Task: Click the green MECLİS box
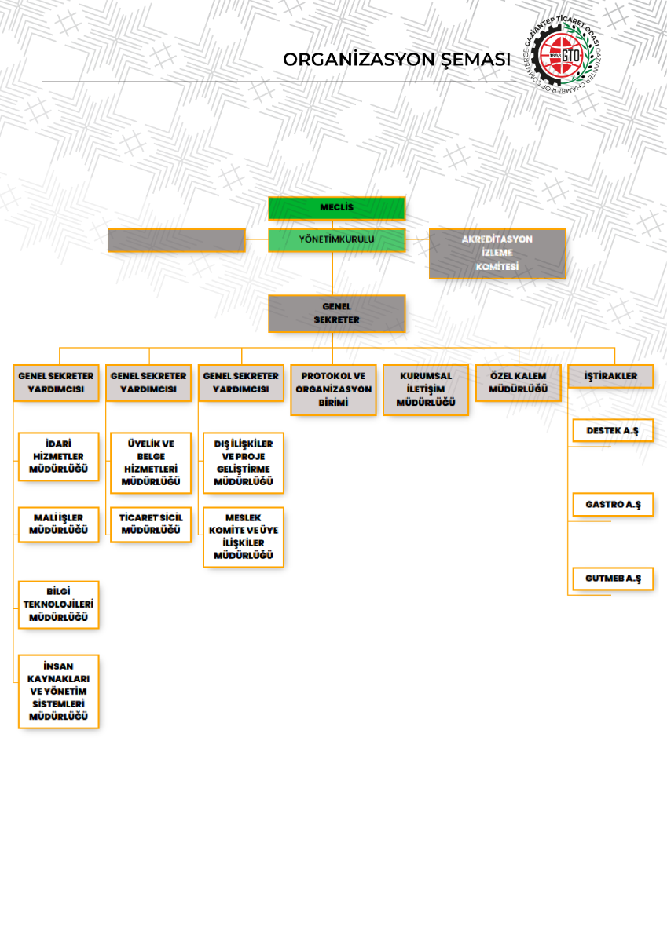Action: [x=336, y=208]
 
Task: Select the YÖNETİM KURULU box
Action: [x=336, y=239]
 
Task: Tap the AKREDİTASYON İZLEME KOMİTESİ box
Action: [x=497, y=253]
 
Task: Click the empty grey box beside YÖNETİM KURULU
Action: [x=176, y=239]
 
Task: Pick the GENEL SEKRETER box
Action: [x=336, y=312]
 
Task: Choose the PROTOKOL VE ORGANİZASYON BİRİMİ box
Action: [x=333, y=389]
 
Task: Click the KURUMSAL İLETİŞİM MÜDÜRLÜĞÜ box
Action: [x=426, y=389]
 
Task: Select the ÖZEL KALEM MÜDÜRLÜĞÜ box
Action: [x=519, y=382]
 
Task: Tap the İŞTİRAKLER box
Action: [x=610, y=376]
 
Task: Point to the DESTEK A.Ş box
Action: [x=613, y=430]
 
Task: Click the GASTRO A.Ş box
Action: [x=613, y=504]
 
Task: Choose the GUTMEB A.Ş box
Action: [x=613, y=578]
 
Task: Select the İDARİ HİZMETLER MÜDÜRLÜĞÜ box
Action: [x=59, y=456]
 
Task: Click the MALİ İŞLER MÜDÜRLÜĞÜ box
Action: [x=59, y=524]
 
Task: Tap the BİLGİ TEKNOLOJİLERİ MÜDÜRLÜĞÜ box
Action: [x=59, y=604]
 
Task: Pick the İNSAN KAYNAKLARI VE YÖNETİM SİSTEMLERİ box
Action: [x=59, y=691]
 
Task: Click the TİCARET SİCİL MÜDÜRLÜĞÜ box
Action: [x=151, y=524]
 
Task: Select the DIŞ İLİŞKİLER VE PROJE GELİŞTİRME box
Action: [x=243, y=462]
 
